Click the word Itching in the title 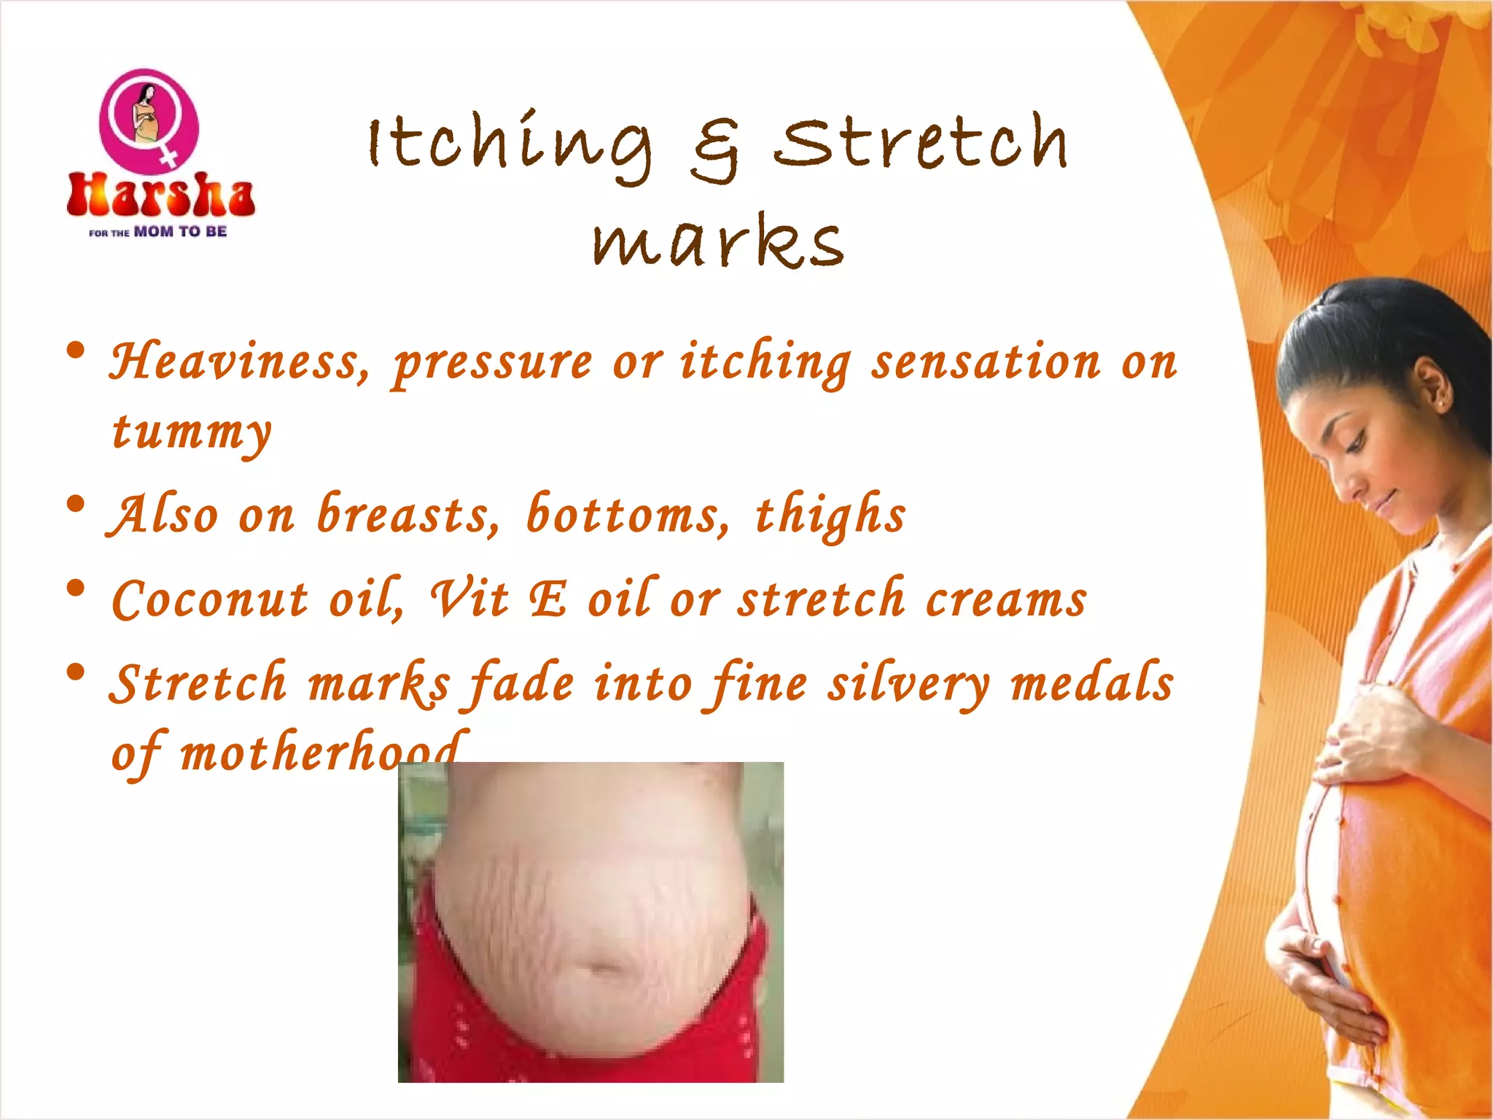point(510,144)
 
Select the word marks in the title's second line point(718,241)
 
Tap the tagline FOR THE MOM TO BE point(158,232)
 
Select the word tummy point(192,432)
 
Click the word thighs point(830,515)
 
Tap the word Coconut point(210,599)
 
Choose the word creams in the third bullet point(1006,599)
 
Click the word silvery point(908,684)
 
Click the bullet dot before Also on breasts point(75,505)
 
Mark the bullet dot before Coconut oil point(75,588)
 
